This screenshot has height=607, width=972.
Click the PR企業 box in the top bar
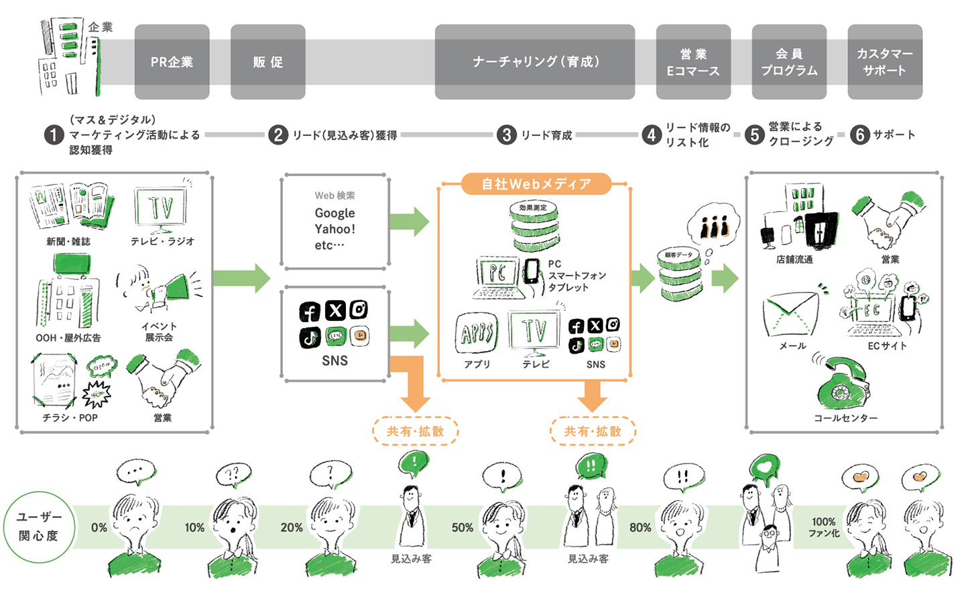tap(172, 62)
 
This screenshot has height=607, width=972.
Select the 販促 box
tap(267, 62)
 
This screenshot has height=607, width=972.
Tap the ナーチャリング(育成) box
tap(534, 62)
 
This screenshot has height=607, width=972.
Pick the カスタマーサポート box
tap(884, 62)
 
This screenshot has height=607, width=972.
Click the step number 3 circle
tap(507, 135)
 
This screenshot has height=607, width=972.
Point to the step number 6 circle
tap(859, 135)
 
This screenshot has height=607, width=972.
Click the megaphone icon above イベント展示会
tap(173, 289)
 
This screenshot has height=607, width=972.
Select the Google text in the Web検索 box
tap(335, 213)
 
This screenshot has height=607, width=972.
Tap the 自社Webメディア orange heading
tap(536, 184)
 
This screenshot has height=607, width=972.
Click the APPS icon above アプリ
tap(477, 332)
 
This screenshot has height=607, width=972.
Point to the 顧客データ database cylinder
tap(679, 274)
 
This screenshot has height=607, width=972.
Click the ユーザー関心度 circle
tap(39, 527)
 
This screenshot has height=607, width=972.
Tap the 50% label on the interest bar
tap(462, 528)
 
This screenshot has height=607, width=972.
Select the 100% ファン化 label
tap(824, 527)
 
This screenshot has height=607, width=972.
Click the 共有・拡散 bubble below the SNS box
tap(415, 431)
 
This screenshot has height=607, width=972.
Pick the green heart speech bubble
tap(764, 468)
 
